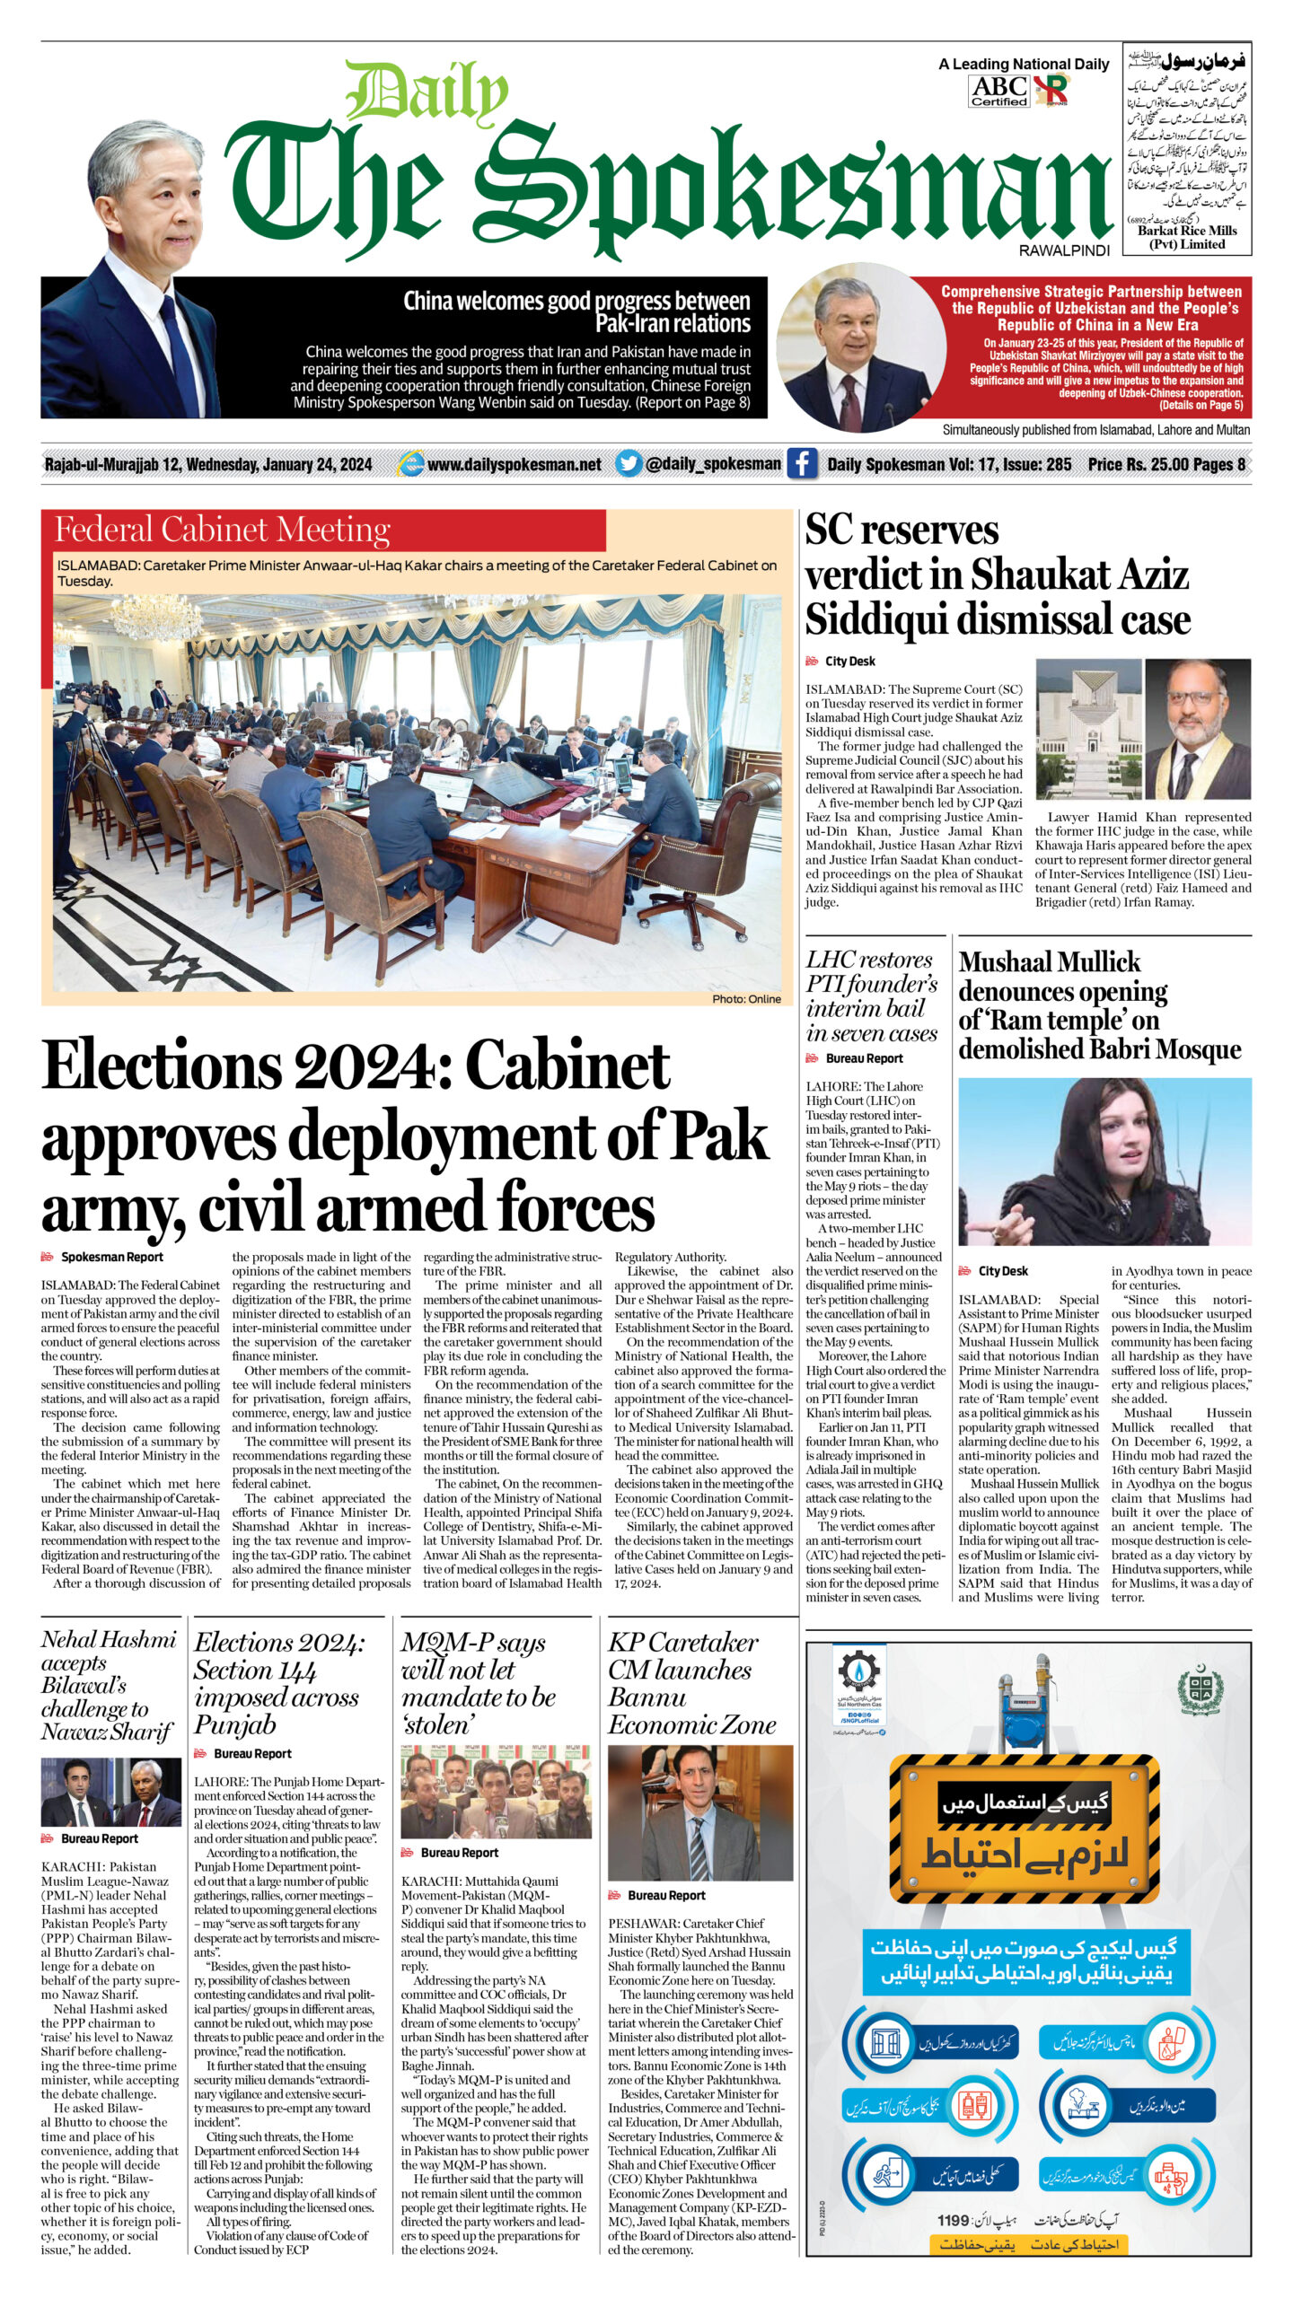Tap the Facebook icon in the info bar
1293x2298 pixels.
click(801, 464)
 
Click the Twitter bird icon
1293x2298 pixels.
click(629, 464)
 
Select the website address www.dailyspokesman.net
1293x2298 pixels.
click(515, 464)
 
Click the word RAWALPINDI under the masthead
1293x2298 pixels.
click(1064, 251)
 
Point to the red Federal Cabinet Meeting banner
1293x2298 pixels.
click(323, 530)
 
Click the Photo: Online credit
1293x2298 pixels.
click(746, 999)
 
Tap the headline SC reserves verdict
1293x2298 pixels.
click(997, 574)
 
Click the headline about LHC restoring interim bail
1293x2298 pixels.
click(871, 996)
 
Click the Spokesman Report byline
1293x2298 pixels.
click(111, 1258)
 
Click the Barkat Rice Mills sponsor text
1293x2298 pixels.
click(1187, 237)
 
